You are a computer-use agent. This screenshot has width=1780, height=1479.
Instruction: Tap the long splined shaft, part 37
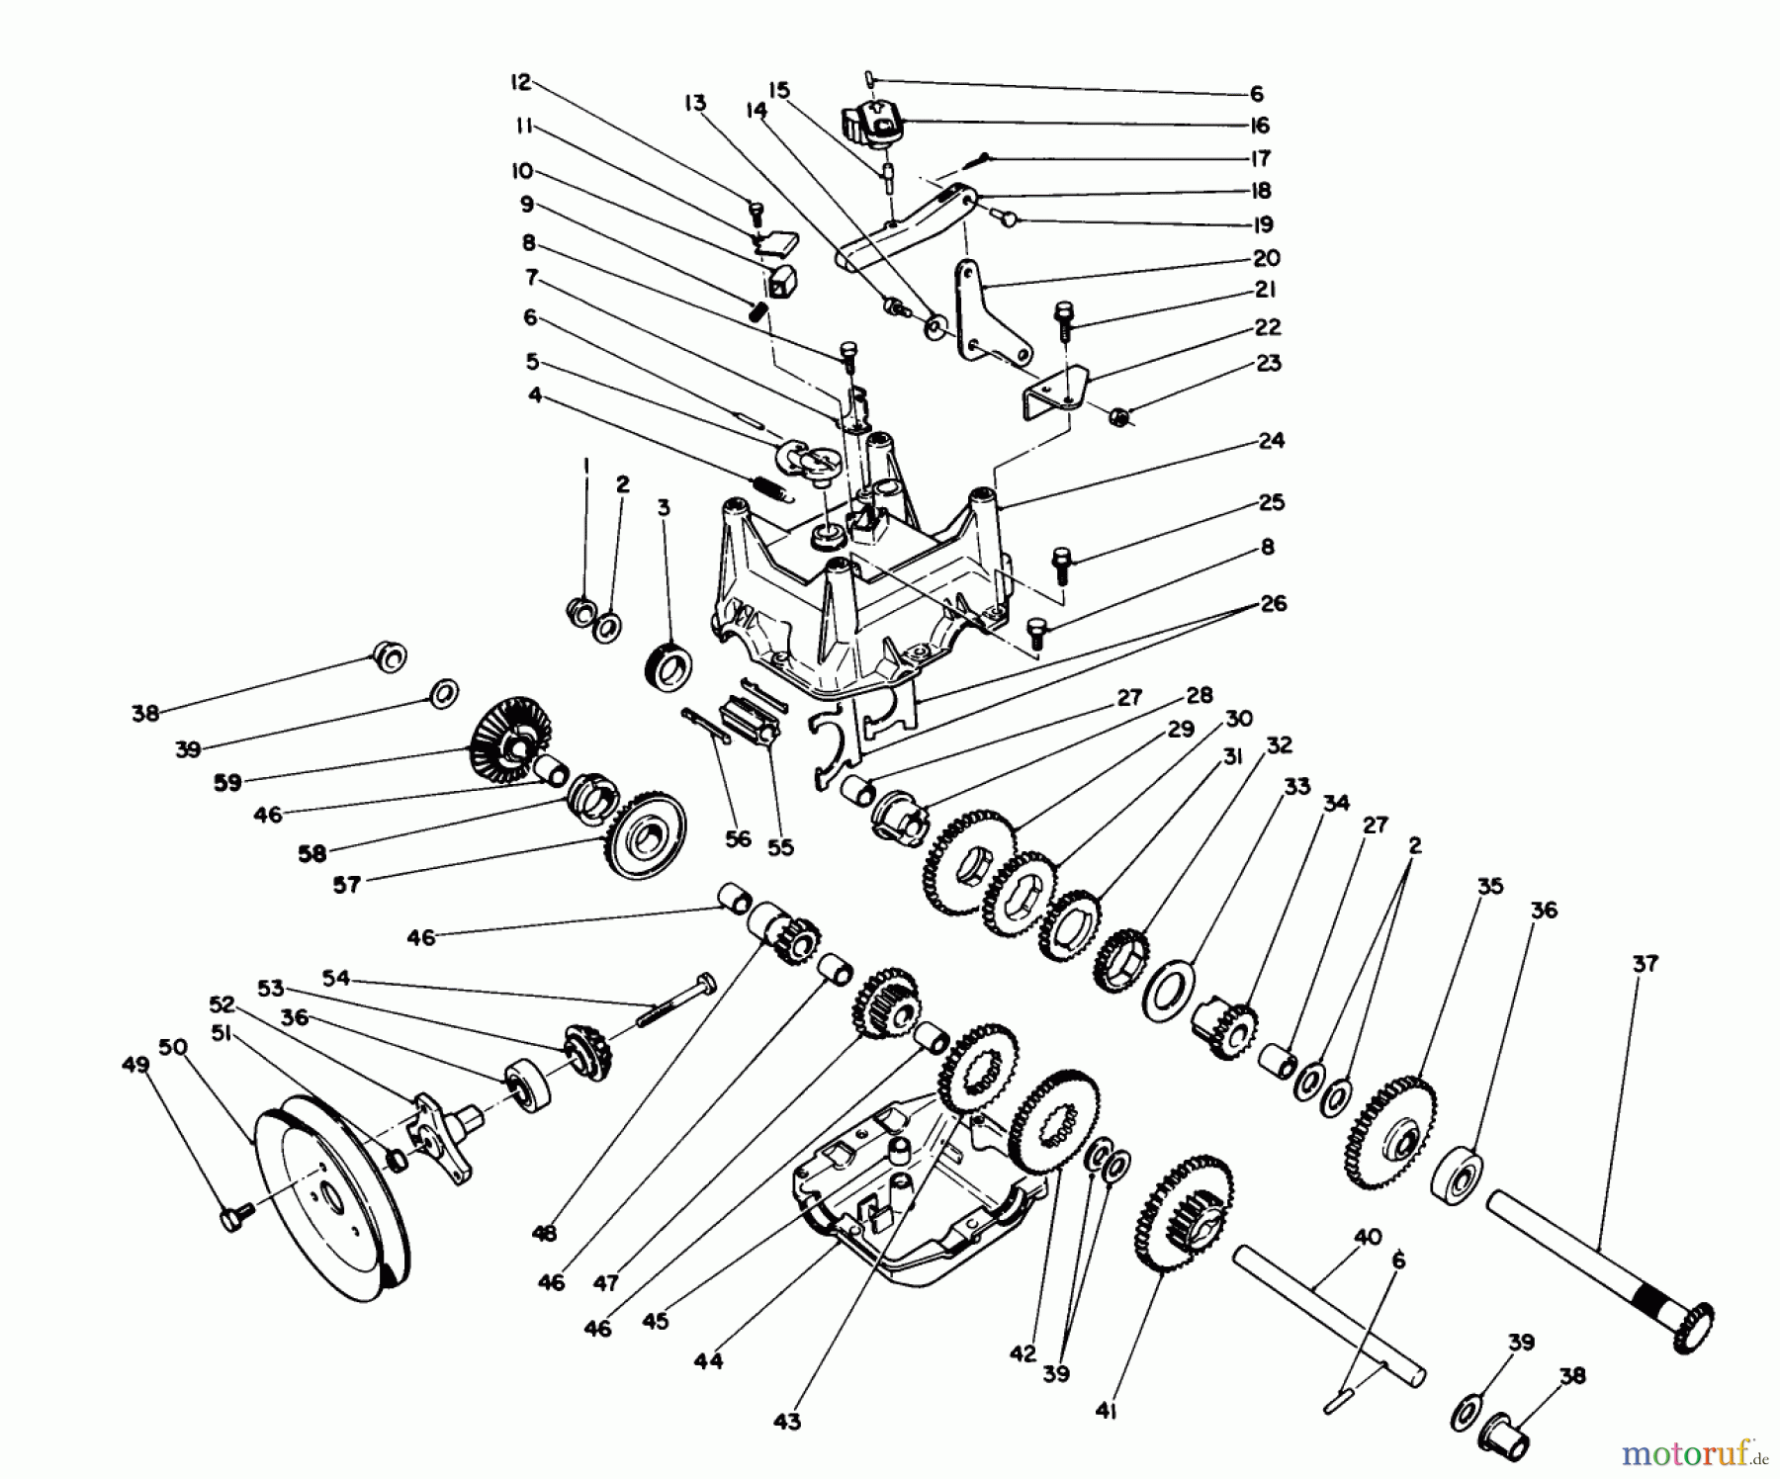(1592, 1263)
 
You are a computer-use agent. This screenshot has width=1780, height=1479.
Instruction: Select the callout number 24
(1271, 441)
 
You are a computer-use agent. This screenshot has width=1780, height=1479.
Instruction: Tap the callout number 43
(786, 1422)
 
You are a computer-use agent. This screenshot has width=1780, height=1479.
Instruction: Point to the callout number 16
(1259, 126)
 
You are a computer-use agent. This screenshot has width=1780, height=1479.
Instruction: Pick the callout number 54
(336, 978)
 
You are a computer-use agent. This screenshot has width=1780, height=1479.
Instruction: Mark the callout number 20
(1265, 258)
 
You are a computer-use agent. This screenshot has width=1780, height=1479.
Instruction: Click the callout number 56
(737, 839)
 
